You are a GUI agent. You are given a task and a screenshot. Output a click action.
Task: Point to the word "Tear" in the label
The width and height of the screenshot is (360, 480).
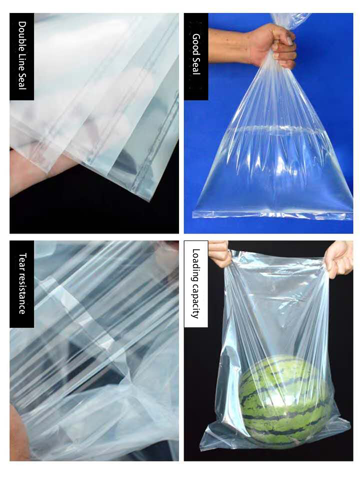point(22,261)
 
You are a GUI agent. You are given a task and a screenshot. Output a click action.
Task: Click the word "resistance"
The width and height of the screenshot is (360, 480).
point(22,293)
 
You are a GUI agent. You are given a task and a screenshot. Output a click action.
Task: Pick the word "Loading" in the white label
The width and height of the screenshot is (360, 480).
point(196,265)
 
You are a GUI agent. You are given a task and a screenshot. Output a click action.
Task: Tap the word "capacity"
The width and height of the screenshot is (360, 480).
point(196,301)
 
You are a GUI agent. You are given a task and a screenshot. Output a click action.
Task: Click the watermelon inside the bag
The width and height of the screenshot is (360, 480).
point(284,398)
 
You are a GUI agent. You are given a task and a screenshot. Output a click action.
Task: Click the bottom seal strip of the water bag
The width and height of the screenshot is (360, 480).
point(272,214)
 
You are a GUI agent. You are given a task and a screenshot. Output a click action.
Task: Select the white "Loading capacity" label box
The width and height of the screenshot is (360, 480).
point(196,284)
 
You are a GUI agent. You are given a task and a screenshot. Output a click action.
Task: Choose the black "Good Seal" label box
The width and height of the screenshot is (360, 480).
point(196,56)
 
